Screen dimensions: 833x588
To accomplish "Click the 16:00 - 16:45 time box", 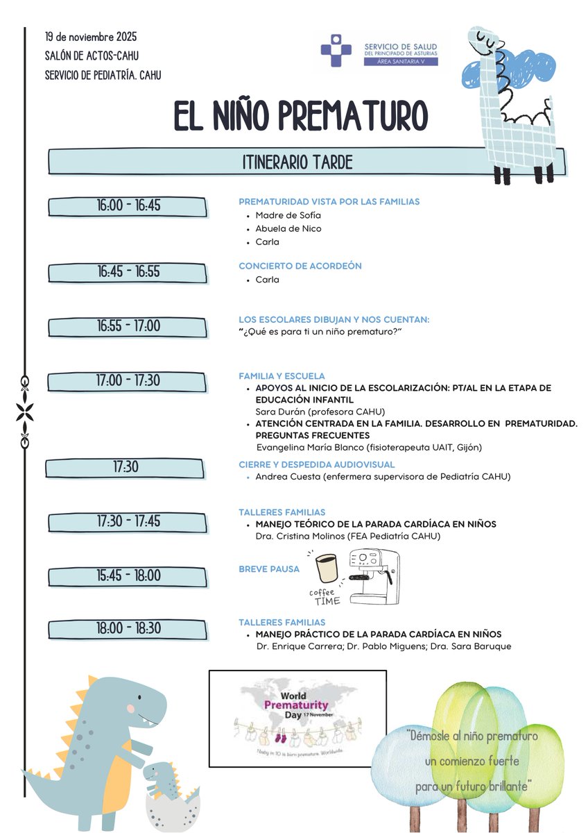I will point(128,206).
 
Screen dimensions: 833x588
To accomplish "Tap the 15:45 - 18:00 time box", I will point(128,576).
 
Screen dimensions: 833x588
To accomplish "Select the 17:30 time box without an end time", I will point(125,468).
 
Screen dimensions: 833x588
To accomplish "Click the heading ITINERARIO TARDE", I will point(297,162).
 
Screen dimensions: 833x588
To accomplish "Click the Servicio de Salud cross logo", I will point(336,49).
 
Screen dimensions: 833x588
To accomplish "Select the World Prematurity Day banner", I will point(297,718).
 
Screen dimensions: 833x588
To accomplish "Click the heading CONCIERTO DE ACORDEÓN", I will point(300,266).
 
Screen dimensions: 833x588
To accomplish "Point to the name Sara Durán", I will point(276,411).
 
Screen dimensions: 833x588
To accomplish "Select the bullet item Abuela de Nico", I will point(288,228).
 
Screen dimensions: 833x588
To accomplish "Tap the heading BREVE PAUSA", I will point(269,569).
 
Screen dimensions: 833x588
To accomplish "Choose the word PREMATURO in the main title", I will point(354,116).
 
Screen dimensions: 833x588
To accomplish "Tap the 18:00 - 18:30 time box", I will point(128,629).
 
